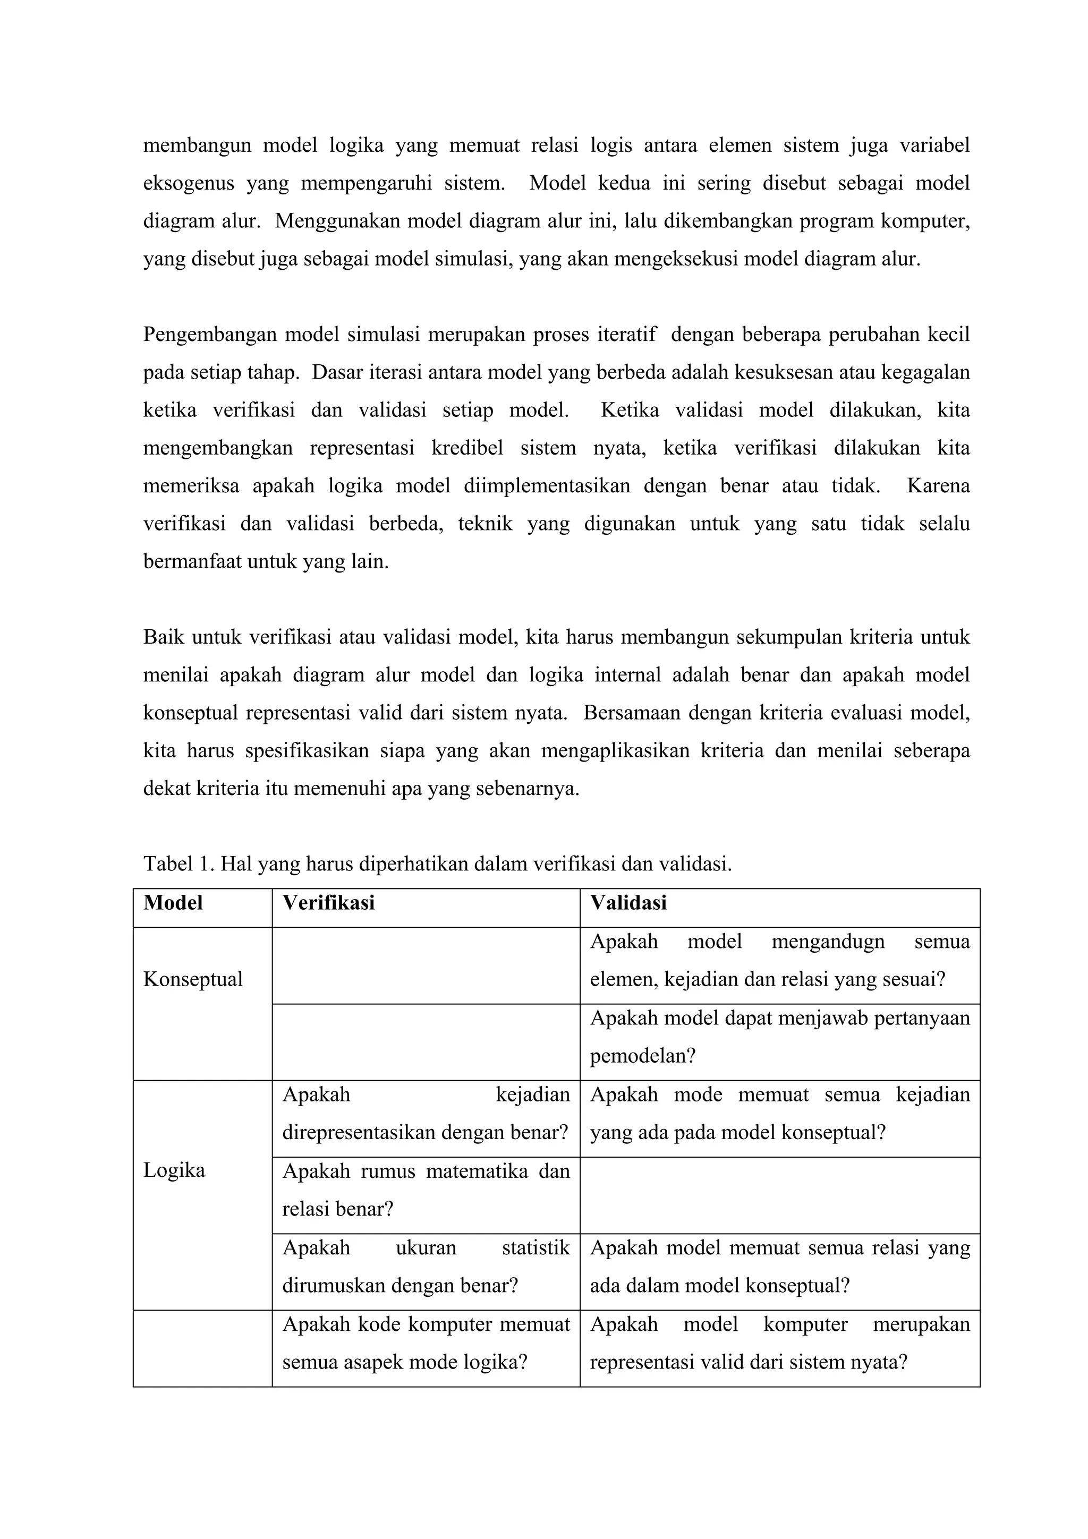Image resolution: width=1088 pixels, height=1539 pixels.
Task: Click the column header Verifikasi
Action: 328,903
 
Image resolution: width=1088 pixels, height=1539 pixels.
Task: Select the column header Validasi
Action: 628,903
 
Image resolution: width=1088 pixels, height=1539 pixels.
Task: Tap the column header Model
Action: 173,903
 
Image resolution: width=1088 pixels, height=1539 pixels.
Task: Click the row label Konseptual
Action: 193,979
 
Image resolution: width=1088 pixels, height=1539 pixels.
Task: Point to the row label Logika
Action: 174,1170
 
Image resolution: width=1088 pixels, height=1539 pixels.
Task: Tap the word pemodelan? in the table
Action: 642,1056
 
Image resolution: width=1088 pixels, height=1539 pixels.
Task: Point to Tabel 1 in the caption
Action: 177,864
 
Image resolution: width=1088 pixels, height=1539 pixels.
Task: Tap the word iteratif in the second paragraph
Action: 627,334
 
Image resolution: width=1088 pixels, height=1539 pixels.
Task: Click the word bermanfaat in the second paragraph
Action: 192,561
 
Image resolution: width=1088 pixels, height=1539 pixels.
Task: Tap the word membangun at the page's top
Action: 197,145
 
